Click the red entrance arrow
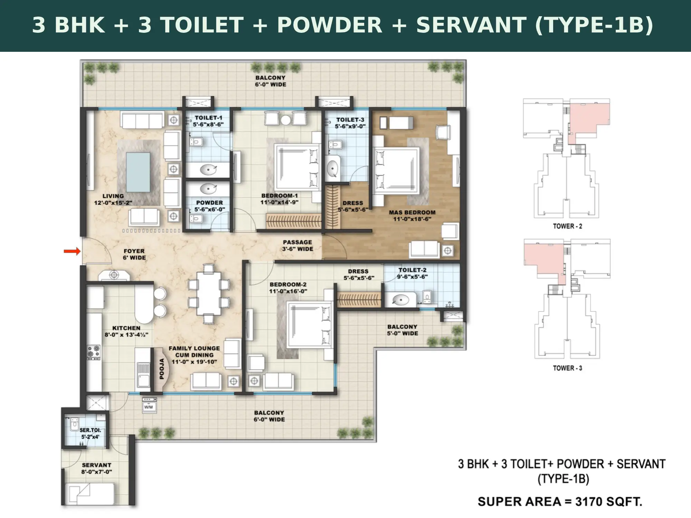coord(72,251)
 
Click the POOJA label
coord(162,369)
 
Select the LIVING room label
coord(113,196)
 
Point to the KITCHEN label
coord(126,328)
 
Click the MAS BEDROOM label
coord(412,212)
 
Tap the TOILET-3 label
coord(350,120)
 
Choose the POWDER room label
coord(209,203)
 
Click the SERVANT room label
coord(97,465)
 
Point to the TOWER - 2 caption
coord(568,226)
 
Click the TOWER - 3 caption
coord(568,368)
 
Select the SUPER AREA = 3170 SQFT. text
coord(560,501)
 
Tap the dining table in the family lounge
coord(209,294)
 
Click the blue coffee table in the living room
coord(138,172)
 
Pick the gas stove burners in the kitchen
coord(94,352)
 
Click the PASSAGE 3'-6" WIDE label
coord(298,246)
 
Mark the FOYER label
coord(134,251)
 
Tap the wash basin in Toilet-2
coord(400,300)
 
